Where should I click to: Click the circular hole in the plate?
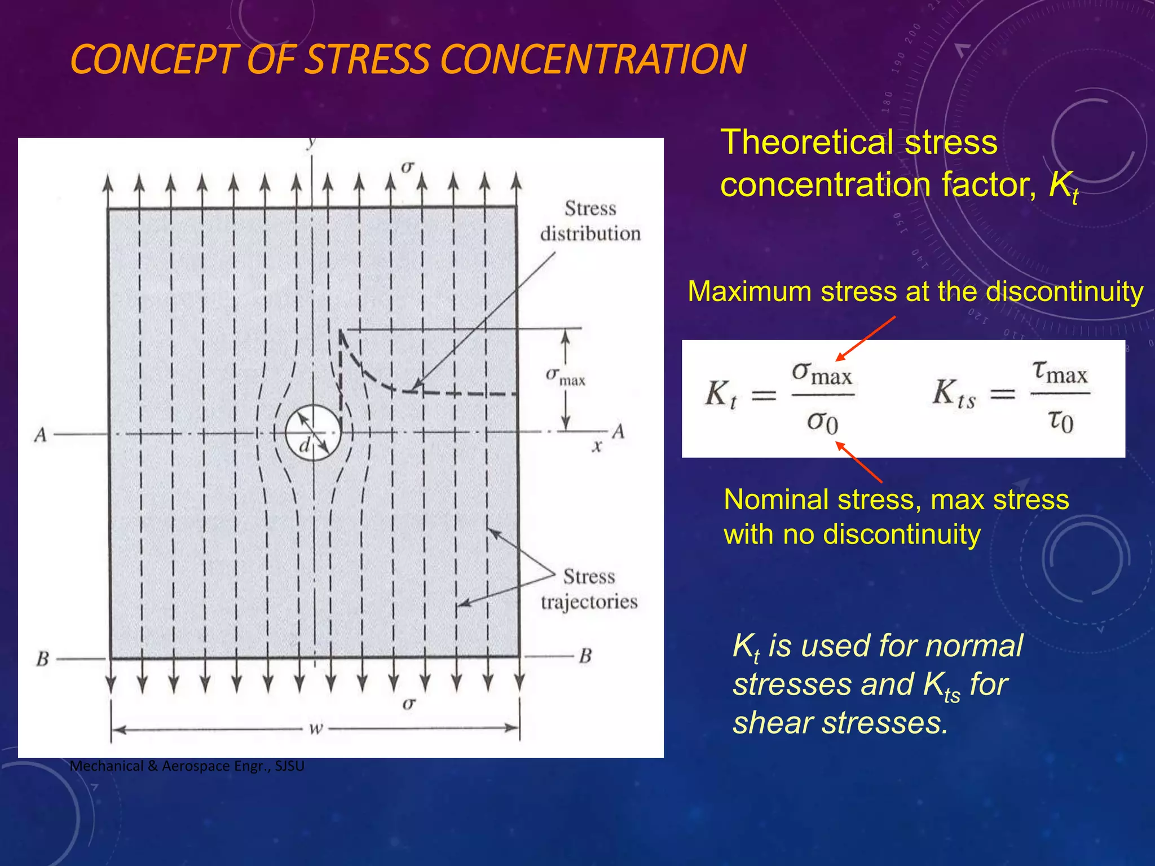tap(313, 432)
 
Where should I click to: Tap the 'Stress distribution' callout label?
tap(590, 221)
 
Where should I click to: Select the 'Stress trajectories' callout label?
tap(589, 589)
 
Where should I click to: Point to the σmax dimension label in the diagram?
tap(565, 377)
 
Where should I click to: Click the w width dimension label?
tap(316, 728)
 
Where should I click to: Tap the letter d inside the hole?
tap(305, 446)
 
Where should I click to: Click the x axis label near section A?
tap(597, 447)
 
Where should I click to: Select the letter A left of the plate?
tap(40, 435)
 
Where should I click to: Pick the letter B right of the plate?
tap(585, 656)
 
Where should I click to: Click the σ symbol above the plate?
tap(407, 167)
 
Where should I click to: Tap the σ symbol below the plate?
tap(409, 704)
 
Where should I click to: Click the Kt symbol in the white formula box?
tap(721, 394)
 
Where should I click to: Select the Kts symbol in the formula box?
tap(954, 394)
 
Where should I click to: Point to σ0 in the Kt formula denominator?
tap(823, 422)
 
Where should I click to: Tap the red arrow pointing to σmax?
tap(866, 338)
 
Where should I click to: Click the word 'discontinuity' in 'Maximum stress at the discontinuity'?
tap(1064, 292)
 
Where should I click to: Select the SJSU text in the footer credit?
tap(289, 766)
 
